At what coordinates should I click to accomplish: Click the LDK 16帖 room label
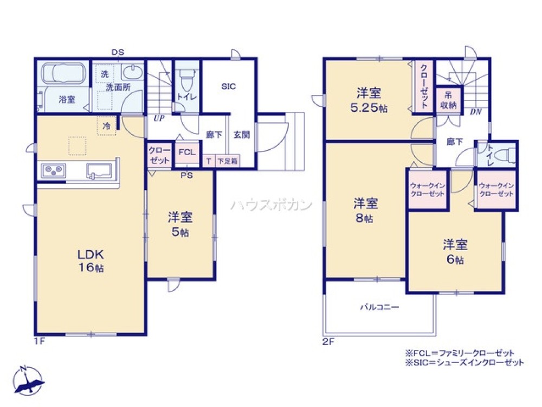point(89,261)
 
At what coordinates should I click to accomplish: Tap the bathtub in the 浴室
point(63,73)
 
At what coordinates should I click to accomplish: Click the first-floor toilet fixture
point(187,81)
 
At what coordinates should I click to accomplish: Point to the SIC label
point(228,86)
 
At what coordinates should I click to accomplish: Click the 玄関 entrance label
point(242,135)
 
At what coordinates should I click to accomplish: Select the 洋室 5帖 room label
point(180,224)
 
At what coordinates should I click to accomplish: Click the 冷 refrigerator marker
point(107,124)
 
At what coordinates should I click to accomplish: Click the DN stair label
point(475,112)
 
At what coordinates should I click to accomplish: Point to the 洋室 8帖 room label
point(365,211)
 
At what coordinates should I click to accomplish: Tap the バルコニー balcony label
point(379,307)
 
